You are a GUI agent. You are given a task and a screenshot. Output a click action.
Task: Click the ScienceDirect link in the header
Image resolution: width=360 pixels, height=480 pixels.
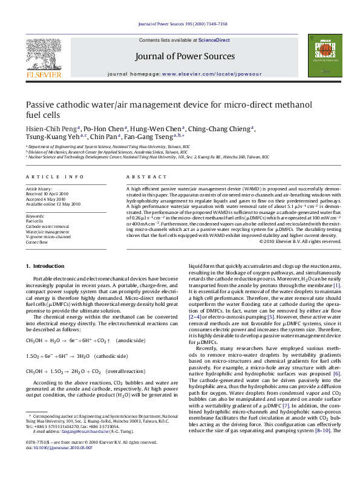(214, 40)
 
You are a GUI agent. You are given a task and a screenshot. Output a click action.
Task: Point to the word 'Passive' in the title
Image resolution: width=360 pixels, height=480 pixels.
(42, 105)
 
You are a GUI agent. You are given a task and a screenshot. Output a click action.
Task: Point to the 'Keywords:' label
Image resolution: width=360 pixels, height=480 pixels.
(36, 216)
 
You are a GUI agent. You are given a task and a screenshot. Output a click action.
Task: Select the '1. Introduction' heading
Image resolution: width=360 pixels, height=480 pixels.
(46, 266)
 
